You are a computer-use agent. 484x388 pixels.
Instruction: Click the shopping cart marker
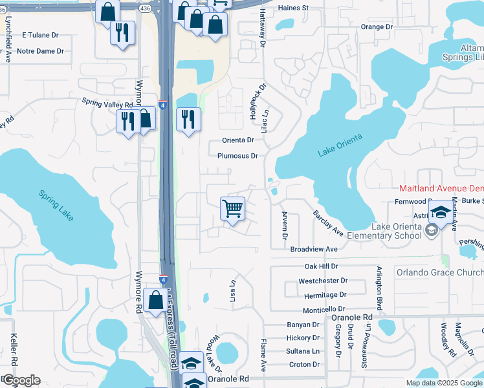click(x=232, y=210)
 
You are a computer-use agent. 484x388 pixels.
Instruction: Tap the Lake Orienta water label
click(x=340, y=145)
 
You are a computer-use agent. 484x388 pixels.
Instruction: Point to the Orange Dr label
click(x=377, y=27)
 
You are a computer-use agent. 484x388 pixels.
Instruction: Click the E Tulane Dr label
click(x=40, y=36)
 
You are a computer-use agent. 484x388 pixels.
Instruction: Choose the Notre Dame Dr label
click(x=40, y=51)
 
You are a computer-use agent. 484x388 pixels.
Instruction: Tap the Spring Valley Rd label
click(x=107, y=103)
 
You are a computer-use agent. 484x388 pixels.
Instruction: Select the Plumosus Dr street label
click(x=237, y=156)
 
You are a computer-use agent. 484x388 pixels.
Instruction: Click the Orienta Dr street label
click(x=238, y=140)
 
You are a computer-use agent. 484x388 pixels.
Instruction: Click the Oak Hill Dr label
click(x=322, y=266)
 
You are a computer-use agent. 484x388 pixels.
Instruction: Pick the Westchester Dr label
click(x=323, y=281)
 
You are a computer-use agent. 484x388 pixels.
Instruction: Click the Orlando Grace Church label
click(x=439, y=272)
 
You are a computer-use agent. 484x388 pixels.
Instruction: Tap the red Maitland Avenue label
click(x=441, y=188)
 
